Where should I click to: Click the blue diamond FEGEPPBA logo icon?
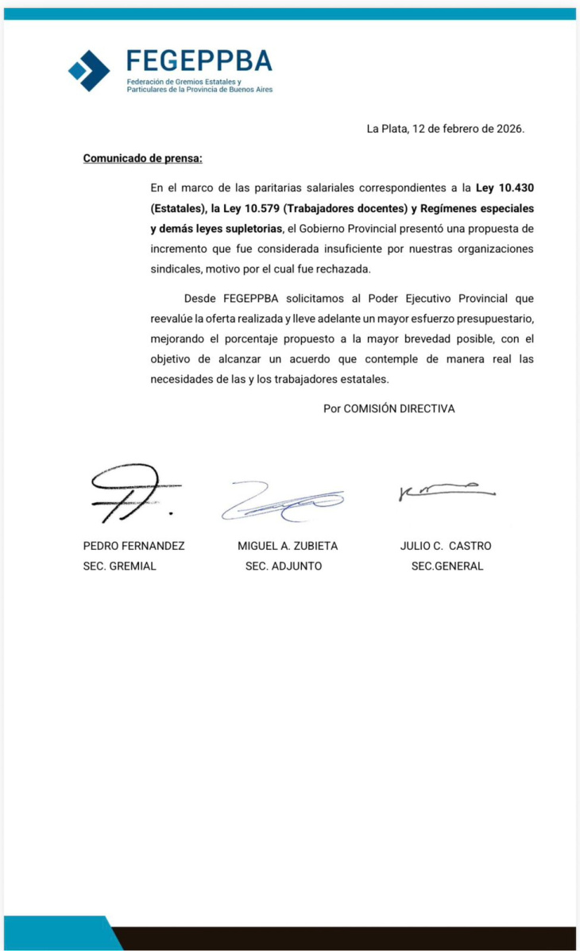[89, 70]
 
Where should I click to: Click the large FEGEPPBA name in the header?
[199, 61]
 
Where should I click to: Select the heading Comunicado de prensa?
[143, 158]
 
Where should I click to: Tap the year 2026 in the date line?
[508, 129]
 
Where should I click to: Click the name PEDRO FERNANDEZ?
[123, 546]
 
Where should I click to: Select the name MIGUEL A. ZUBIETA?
[288, 546]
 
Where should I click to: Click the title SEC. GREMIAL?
[120, 566]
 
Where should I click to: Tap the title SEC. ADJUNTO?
[284, 566]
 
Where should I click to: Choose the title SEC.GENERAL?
[447, 566]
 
